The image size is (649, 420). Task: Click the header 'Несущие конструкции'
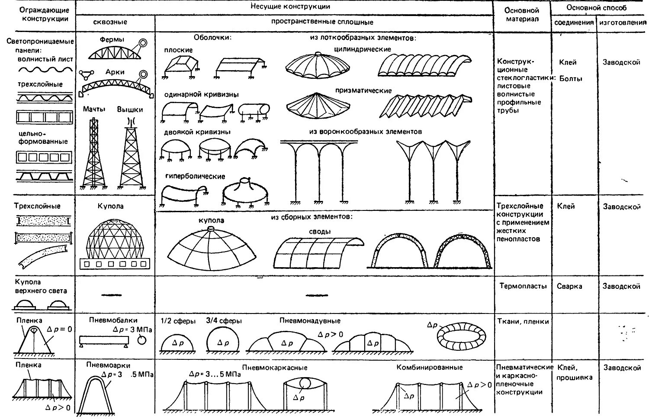(290, 6)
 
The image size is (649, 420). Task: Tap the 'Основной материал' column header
(522, 14)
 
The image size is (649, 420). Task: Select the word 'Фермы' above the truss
(112, 39)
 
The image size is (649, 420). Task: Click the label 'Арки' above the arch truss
(115, 72)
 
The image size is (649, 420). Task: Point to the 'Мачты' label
(94, 109)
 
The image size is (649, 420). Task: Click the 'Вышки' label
(130, 109)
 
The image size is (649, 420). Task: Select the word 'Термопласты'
(523, 286)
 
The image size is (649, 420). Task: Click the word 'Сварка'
(569, 286)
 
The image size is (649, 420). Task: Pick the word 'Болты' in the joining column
(571, 79)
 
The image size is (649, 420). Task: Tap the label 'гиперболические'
(195, 177)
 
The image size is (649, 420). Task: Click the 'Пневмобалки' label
(113, 320)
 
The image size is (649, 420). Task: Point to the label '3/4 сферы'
(224, 321)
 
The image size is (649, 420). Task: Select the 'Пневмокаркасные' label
(275, 368)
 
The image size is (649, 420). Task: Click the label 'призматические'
(363, 91)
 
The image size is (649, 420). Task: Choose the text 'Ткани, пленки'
(523, 321)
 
